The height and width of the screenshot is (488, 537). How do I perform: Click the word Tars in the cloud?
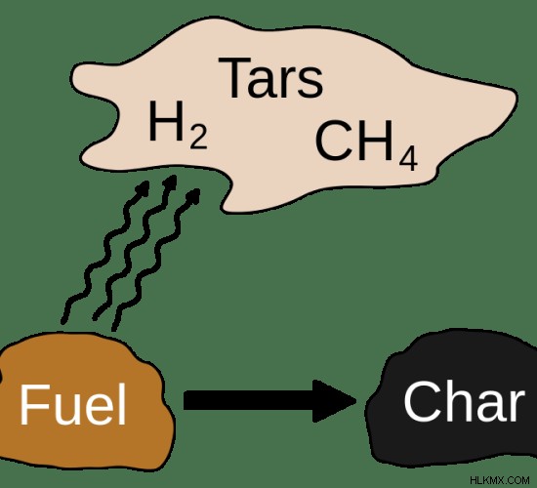tap(270, 78)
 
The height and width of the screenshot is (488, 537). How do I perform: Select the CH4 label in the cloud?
tap(366, 145)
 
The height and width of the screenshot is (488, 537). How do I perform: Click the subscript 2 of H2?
tap(198, 138)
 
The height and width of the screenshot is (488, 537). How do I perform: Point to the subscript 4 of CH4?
tap(408, 159)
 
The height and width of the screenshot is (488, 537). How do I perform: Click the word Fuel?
tap(73, 404)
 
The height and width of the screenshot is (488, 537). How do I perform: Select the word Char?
tap(464, 401)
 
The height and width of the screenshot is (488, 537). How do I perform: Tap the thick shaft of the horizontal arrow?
tap(248, 400)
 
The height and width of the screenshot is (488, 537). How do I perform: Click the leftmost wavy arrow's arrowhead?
tap(143, 187)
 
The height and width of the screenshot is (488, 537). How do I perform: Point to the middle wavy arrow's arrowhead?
tap(170, 183)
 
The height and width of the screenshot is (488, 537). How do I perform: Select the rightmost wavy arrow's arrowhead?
tap(193, 195)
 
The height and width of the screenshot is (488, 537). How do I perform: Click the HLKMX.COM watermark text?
tap(500, 480)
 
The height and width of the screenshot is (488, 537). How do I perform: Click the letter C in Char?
tap(421, 401)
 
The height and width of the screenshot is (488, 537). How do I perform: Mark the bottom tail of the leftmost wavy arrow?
tap(63, 321)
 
